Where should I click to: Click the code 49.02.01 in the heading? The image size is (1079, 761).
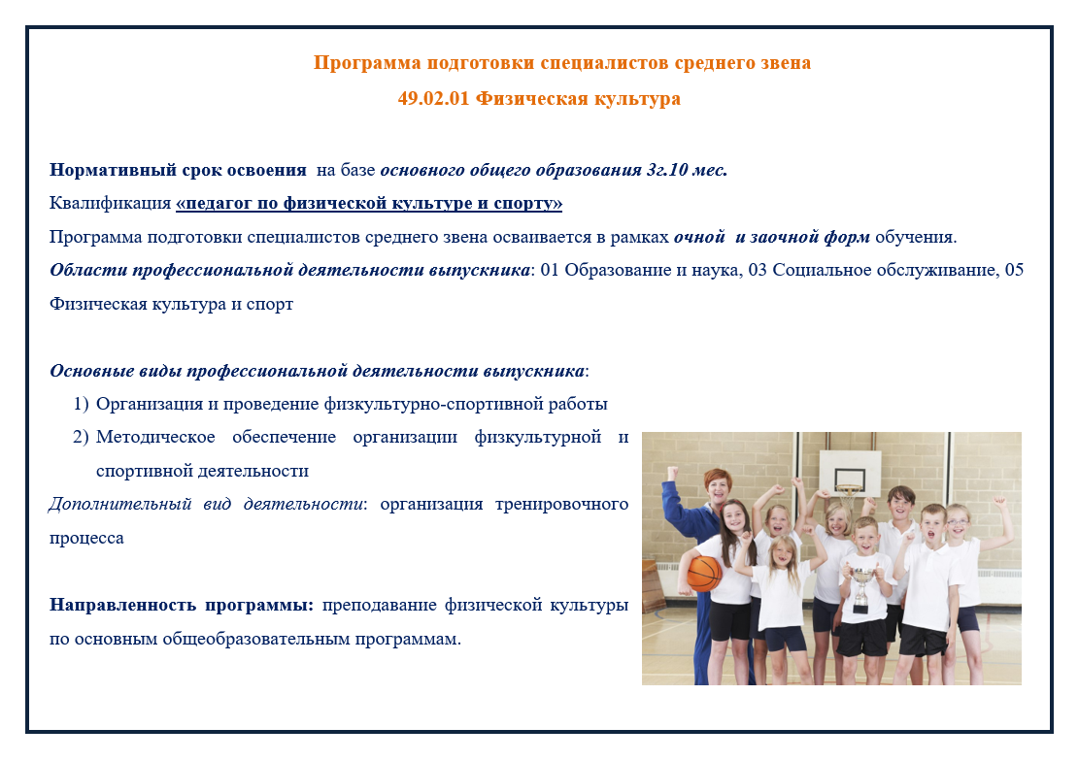pos(433,98)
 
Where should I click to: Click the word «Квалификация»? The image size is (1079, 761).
pos(110,204)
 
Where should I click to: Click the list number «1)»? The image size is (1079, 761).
pos(82,404)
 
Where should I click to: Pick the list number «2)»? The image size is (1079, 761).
pos(82,438)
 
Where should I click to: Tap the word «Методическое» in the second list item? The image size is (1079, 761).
pos(155,438)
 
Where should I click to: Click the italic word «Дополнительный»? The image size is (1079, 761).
pos(119,505)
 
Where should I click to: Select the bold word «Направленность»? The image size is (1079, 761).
pos(121,606)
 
